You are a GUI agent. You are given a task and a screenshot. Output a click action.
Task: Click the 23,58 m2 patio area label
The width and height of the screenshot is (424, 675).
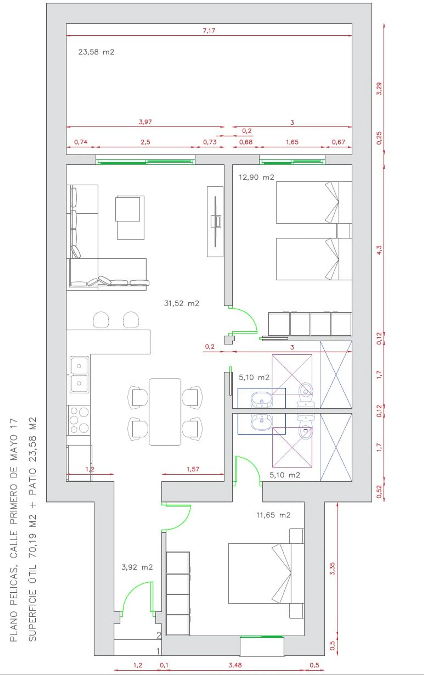click(96, 52)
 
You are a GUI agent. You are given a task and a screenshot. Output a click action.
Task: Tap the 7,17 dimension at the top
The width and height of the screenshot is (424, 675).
click(209, 31)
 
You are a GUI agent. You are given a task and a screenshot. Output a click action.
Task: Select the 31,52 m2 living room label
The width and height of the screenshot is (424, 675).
click(181, 303)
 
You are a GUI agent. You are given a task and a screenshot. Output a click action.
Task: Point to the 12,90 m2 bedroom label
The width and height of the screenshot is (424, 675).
click(256, 177)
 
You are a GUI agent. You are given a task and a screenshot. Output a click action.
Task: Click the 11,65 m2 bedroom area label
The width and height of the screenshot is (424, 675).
click(273, 515)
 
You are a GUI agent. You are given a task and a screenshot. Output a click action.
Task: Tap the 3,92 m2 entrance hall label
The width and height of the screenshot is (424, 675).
click(137, 567)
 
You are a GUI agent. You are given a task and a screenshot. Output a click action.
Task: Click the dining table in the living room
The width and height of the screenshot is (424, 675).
click(165, 412)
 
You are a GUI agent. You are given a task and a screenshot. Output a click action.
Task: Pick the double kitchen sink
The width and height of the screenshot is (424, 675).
click(79, 375)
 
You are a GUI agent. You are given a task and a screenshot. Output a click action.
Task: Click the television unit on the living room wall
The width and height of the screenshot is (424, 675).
click(215, 222)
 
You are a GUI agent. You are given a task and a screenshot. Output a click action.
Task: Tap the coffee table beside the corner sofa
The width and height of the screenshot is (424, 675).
click(130, 217)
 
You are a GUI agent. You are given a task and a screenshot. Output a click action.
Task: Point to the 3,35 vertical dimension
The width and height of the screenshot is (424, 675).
click(332, 569)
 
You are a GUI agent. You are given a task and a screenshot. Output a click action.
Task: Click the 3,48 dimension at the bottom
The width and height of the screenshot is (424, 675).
click(235, 665)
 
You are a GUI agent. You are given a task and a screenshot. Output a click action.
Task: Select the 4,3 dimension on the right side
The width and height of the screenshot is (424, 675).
click(379, 250)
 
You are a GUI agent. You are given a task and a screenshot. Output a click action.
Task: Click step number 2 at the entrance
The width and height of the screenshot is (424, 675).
click(159, 635)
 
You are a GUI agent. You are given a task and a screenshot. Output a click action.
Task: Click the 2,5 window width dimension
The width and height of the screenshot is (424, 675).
click(145, 142)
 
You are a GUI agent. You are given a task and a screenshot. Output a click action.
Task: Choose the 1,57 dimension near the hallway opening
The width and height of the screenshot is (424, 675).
click(193, 469)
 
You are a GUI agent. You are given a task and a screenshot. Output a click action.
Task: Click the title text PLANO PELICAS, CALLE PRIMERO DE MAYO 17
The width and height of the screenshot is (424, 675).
click(14, 530)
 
